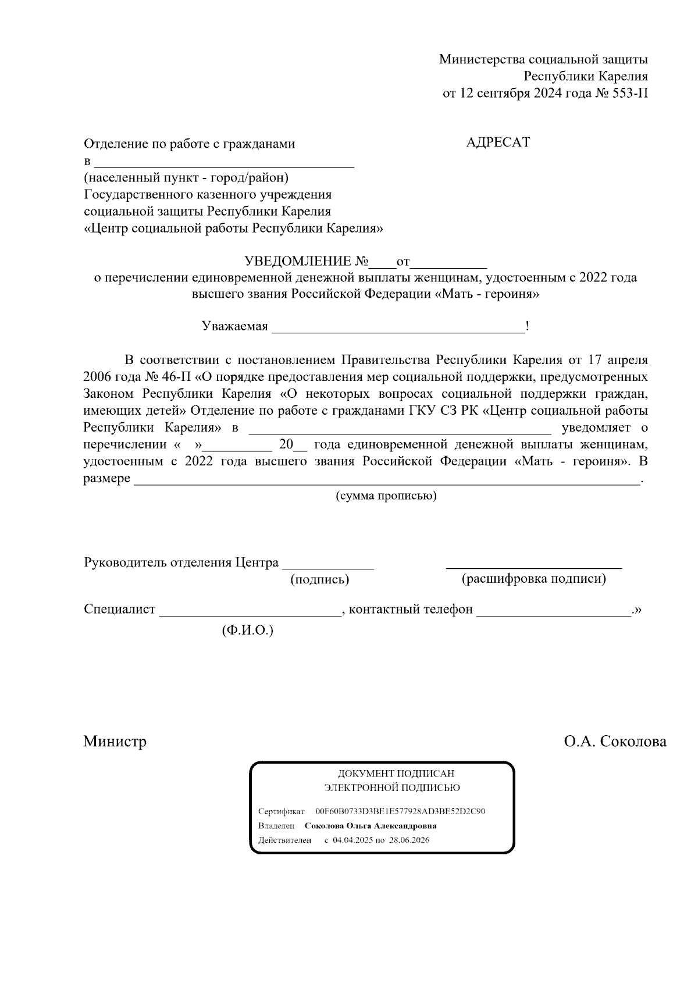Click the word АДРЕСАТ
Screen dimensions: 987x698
pos(498,142)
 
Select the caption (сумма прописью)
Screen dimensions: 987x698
pos(386,496)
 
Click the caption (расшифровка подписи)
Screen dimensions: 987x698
pos(533,579)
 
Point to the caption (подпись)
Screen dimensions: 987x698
pos(319,580)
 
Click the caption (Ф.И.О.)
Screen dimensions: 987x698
pos(247,630)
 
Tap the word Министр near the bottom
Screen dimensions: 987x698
pos(115,742)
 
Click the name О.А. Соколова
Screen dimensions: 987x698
pos(615,742)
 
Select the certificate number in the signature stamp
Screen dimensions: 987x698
pos(400,811)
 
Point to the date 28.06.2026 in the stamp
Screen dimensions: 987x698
pos(409,840)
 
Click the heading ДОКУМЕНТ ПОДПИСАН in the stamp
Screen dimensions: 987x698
pos(396,774)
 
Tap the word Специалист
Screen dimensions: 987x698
pos(120,610)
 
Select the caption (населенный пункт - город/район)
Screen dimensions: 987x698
pos(186,177)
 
